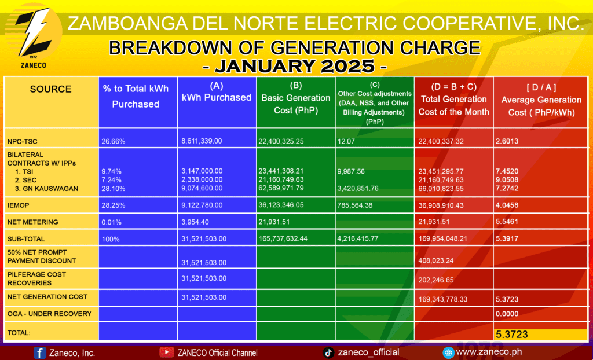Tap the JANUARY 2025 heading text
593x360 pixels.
pos(295,66)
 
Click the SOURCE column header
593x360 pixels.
pos(51,89)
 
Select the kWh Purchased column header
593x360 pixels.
pos(217,92)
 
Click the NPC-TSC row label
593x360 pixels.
pos(23,142)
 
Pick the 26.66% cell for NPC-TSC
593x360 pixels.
pos(113,142)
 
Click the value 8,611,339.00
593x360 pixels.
pos(202,141)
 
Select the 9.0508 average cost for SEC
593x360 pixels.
pos(507,180)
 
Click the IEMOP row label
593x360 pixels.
pos(18,205)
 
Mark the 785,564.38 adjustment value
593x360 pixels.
pos(355,205)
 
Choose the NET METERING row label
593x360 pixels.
pos(33,222)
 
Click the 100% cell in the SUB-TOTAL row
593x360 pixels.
pos(111,239)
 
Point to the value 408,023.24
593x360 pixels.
pos(436,260)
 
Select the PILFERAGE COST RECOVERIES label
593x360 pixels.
pos(36,279)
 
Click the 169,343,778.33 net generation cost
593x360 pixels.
pos(443,299)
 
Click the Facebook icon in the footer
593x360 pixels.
pos(40,353)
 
